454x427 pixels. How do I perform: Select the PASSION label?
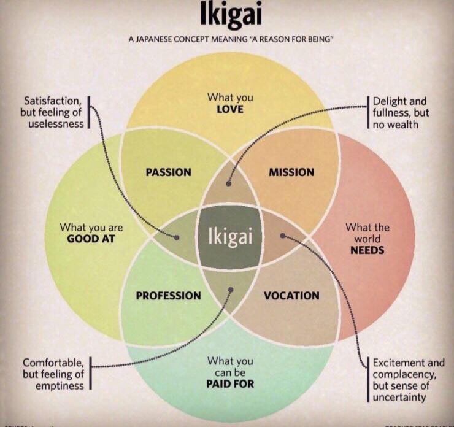coord(168,172)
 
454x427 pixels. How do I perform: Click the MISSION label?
coord(291,172)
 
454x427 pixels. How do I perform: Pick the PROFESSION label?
coord(168,296)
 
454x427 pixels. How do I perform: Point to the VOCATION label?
coord(291,296)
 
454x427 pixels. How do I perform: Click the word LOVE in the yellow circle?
coord(230,109)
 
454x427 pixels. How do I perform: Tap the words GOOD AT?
coord(91,239)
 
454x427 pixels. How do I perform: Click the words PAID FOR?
coord(230,385)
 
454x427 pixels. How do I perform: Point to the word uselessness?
coord(55,124)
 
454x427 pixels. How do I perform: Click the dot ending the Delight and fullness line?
coord(228,182)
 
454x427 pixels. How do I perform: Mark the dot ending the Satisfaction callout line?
coord(177,237)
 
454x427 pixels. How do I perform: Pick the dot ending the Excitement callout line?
coord(283,234)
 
